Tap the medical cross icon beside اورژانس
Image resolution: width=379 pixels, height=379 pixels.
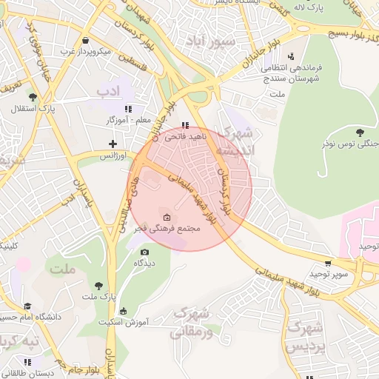113,143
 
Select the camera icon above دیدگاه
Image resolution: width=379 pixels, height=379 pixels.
144,252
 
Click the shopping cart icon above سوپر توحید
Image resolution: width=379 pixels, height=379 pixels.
328,262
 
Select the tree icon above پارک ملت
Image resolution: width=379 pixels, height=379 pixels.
98,285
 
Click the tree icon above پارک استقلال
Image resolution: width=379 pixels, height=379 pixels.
31,96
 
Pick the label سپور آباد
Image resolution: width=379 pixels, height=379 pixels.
211,41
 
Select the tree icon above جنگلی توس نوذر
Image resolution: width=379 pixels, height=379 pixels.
360,132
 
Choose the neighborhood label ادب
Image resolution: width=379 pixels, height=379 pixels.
107,91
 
